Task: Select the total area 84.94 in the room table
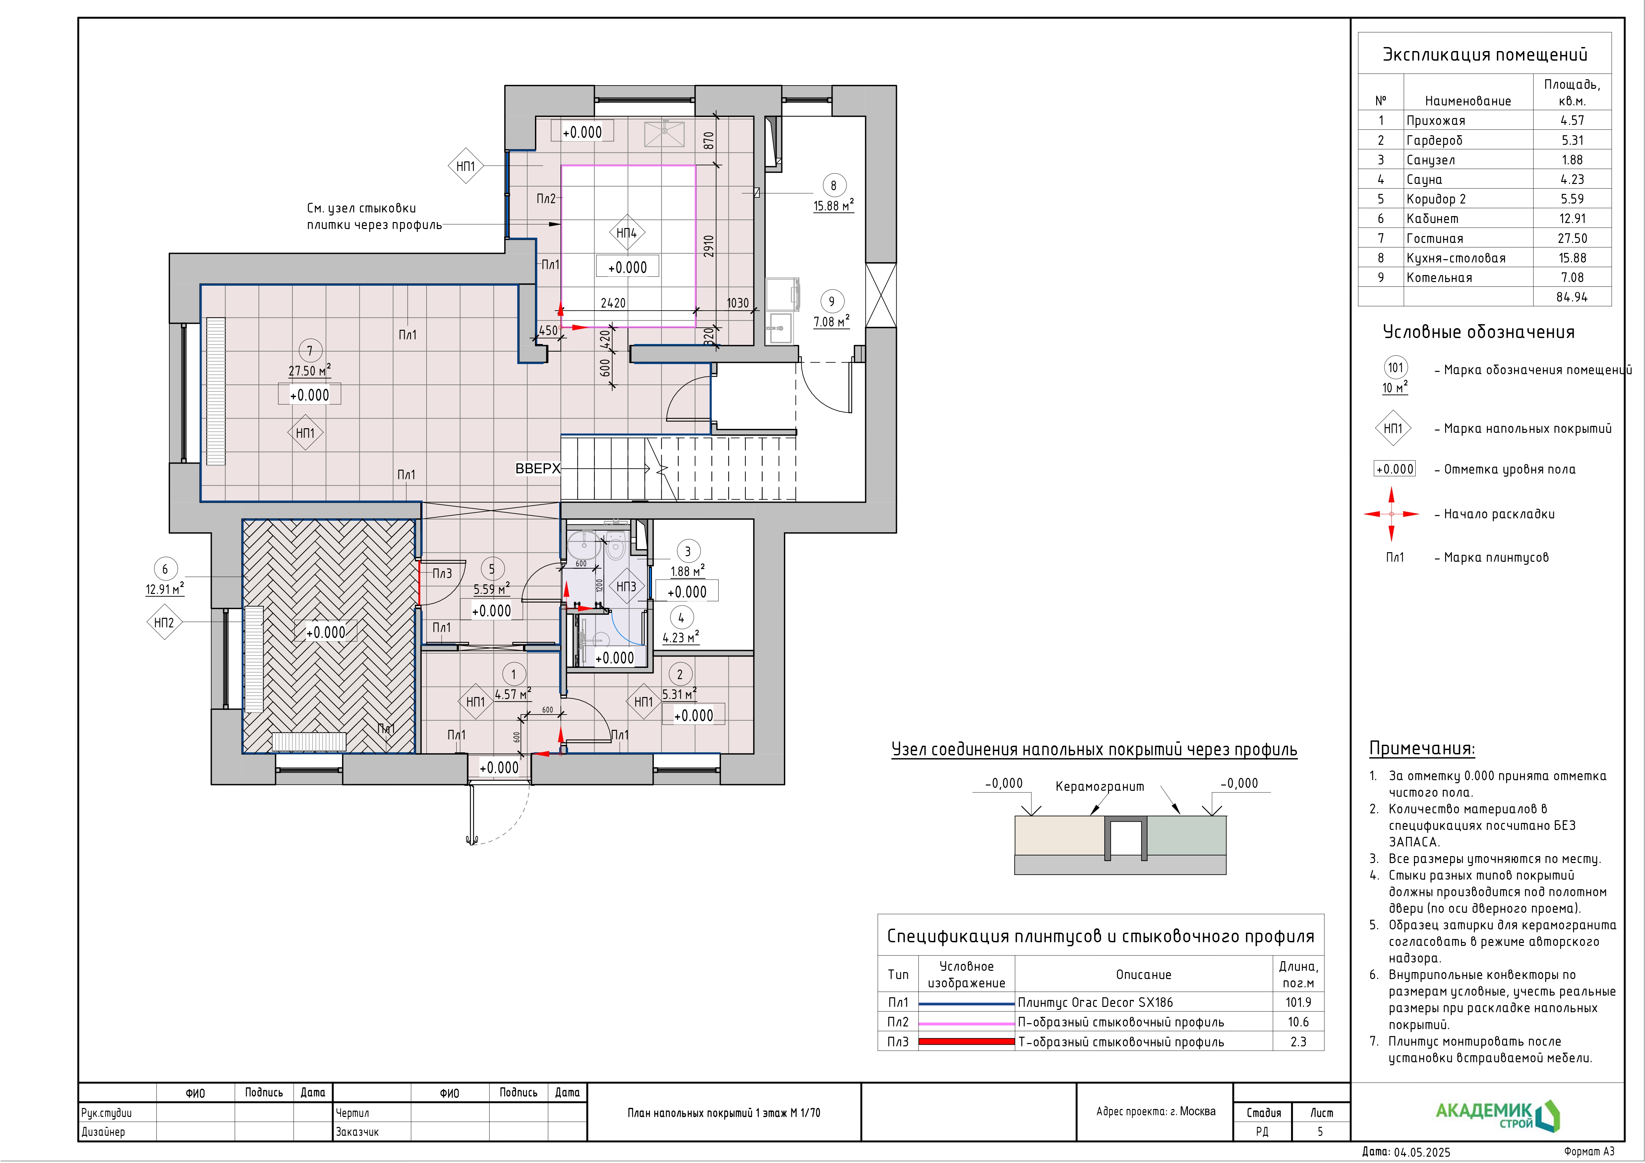coord(1572,297)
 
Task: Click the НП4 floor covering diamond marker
coord(627,233)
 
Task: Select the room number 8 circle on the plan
coord(833,186)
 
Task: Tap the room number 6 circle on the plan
coord(165,569)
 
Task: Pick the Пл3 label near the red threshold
coord(442,573)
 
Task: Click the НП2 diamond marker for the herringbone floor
coord(164,623)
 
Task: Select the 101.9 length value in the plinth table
coord(1298,1003)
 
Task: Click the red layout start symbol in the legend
coord(1391,514)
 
